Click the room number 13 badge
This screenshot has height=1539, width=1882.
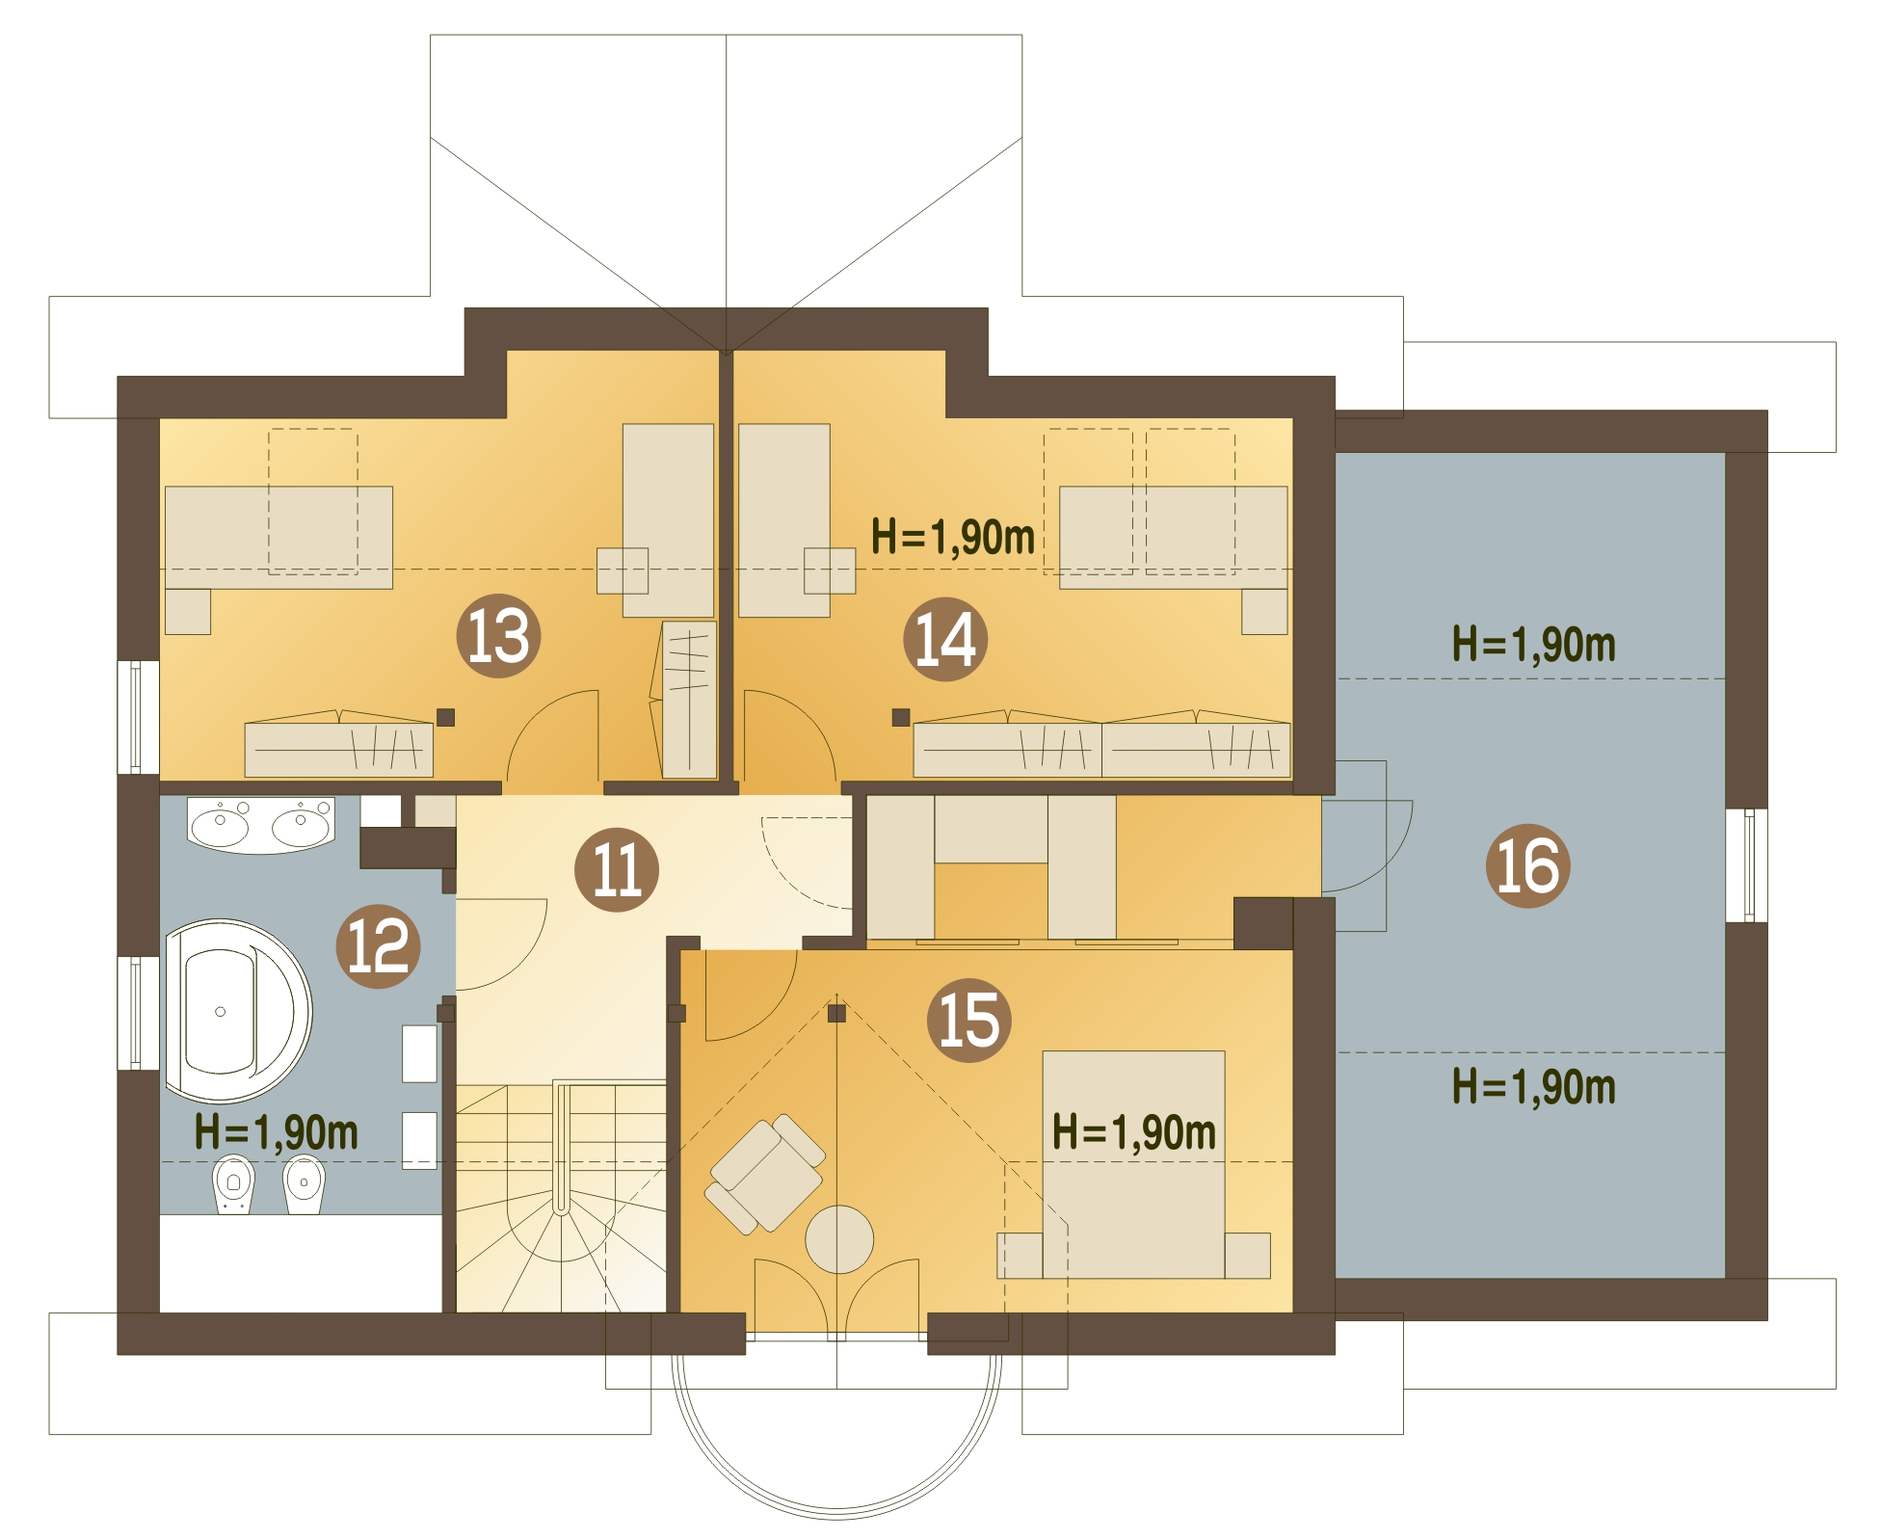point(497,635)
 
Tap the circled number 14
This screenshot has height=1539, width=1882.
point(944,639)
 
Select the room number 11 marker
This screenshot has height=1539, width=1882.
point(616,869)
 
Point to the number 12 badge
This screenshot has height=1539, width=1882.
point(378,946)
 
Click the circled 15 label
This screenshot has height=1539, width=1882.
point(968,1021)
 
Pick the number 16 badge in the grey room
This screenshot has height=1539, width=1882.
point(1527,865)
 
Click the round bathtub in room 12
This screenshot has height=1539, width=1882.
point(237,1011)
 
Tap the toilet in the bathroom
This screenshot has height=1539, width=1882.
point(233,1183)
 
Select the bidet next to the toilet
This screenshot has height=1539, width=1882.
point(305,1183)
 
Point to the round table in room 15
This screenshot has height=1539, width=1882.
point(839,1239)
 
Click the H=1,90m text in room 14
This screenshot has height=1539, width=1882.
point(952,537)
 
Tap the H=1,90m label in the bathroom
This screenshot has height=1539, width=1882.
point(276,1132)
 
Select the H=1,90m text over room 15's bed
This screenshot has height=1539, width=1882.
point(1133,1132)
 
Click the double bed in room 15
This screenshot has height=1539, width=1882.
point(1133,1165)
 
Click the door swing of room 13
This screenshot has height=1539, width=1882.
point(552,737)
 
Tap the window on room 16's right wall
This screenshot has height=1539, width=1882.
point(1746,865)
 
